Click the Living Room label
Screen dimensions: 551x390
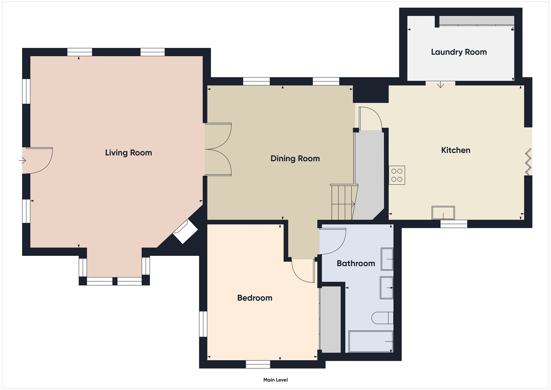click(128, 153)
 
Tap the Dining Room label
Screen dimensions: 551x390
click(295, 159)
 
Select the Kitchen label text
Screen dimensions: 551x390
click(456, 150)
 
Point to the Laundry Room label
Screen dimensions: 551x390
click(459, 52)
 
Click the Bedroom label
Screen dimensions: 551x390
click(255, 298)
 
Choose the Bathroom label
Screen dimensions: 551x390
click(356, 263)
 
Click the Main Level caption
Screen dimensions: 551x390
click(275, 380)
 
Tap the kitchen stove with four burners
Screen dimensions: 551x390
click(397, 175)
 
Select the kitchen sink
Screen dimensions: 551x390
click(443, 213)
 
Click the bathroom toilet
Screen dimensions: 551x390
click(382, 318)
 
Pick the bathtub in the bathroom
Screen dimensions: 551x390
click(371, 342)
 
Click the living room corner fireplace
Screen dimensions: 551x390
click(185, 231)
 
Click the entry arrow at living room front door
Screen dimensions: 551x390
click(22, 160)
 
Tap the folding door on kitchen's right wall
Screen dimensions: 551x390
click(528, 162)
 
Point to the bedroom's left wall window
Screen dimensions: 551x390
click(203, 324)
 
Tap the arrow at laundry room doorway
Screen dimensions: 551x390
click(440, 84)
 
